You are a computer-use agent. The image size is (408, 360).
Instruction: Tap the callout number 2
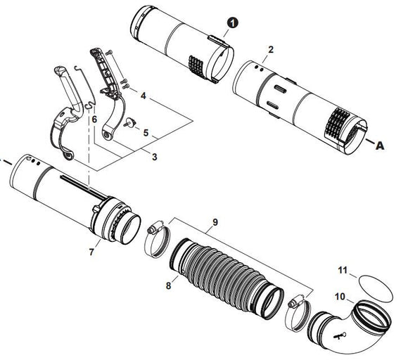[x=271, y=50]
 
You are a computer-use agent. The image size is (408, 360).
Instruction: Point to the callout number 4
[x=143, y=94]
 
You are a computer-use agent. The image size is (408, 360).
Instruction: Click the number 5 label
[x=146, y=132]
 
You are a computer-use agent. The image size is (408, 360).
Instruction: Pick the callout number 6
[x=94, y=120]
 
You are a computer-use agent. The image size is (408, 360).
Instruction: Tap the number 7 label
[x=91, y=251]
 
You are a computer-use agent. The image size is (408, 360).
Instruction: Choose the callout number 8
[x=168, y=286]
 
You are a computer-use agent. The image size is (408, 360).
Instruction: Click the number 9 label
[x=215, y=224]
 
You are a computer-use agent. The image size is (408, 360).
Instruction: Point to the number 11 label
[x=343, y=269]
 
